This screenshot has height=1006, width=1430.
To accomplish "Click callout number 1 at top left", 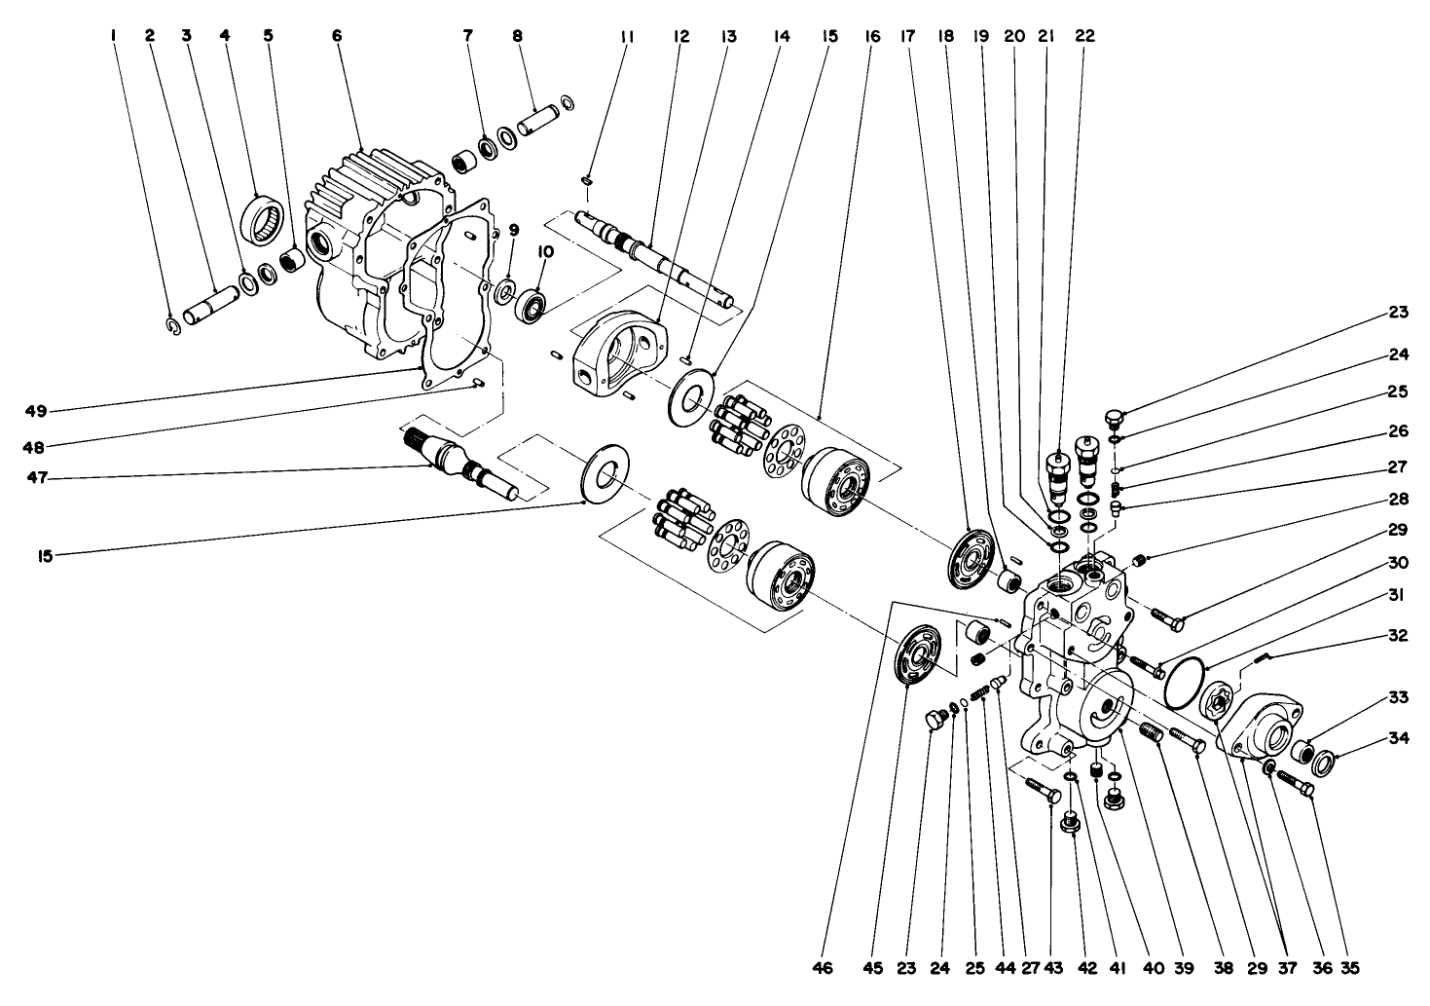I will click(x=114, y=36).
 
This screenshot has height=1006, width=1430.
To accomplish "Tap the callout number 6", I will click(x=337, y=36).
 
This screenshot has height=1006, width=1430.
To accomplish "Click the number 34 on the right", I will click(x=1399, y=738).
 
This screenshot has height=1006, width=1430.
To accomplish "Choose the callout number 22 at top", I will click(x=1084, y=36).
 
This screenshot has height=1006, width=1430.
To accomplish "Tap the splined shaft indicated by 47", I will click(x=458, y=463).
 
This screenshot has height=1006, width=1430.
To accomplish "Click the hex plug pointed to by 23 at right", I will click(x=1115, y=420).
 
